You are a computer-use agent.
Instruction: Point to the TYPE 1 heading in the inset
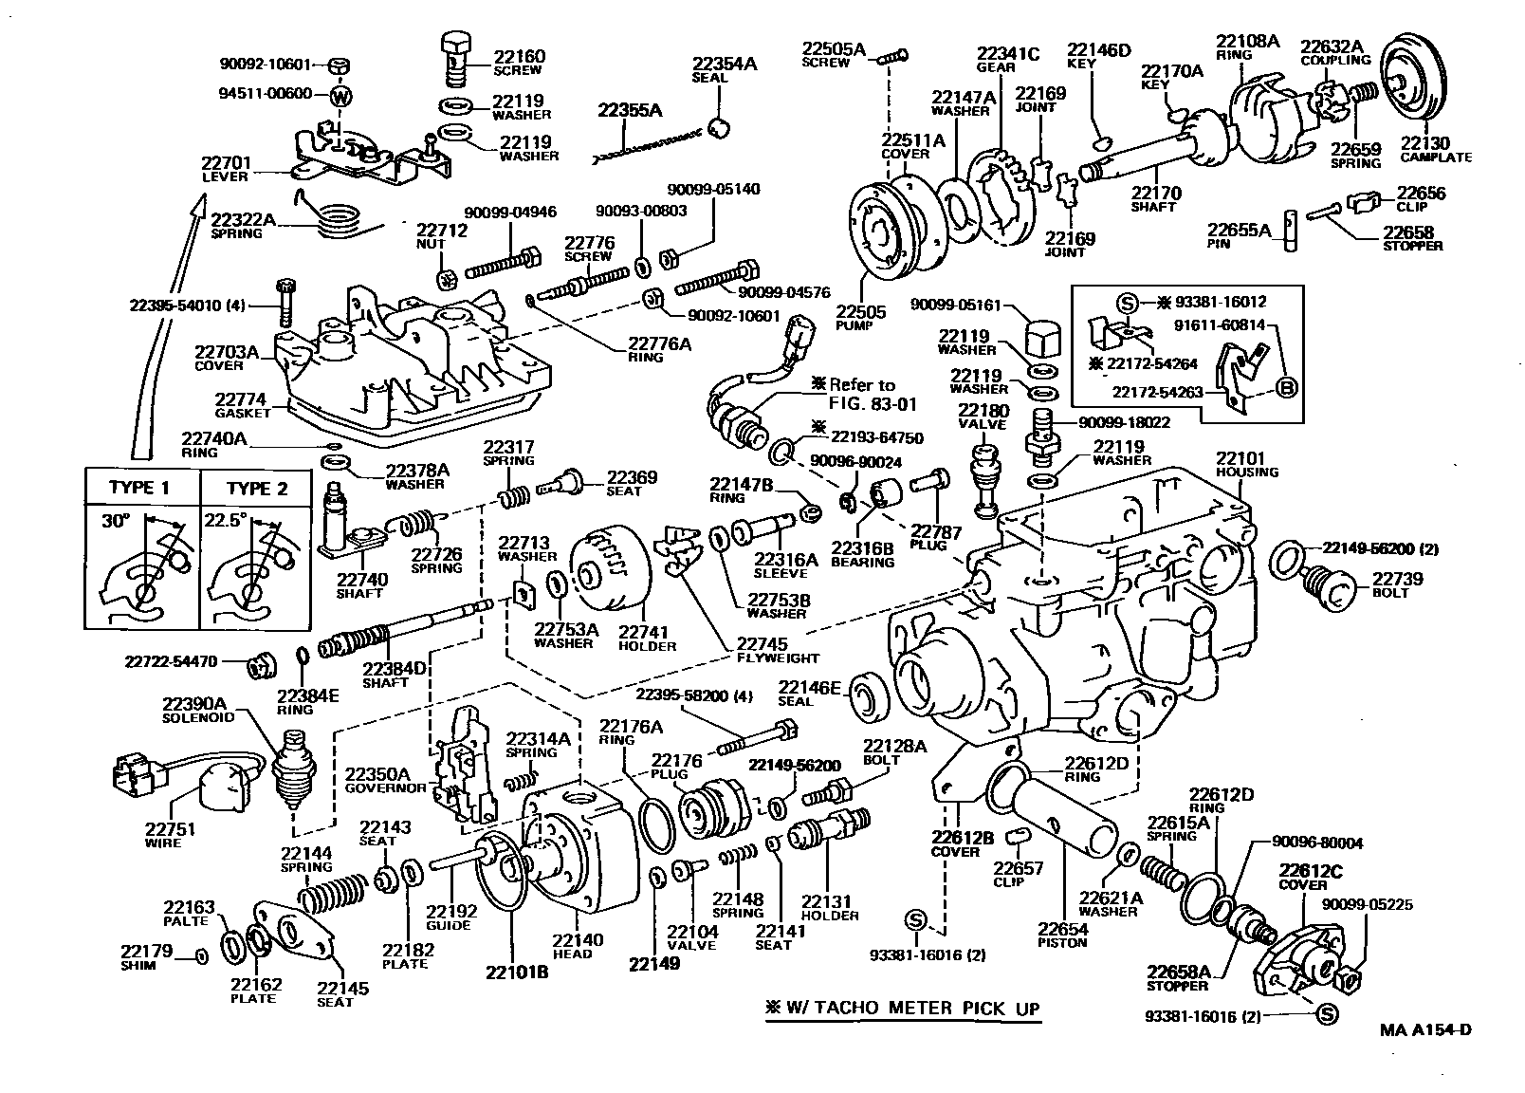click(x=138, y=488)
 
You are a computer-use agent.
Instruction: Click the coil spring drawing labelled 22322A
click(x=337, y=220)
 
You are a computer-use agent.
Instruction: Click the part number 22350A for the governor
click(x=377, y=773)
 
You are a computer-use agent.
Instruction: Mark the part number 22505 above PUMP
click(x=860, y=312)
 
